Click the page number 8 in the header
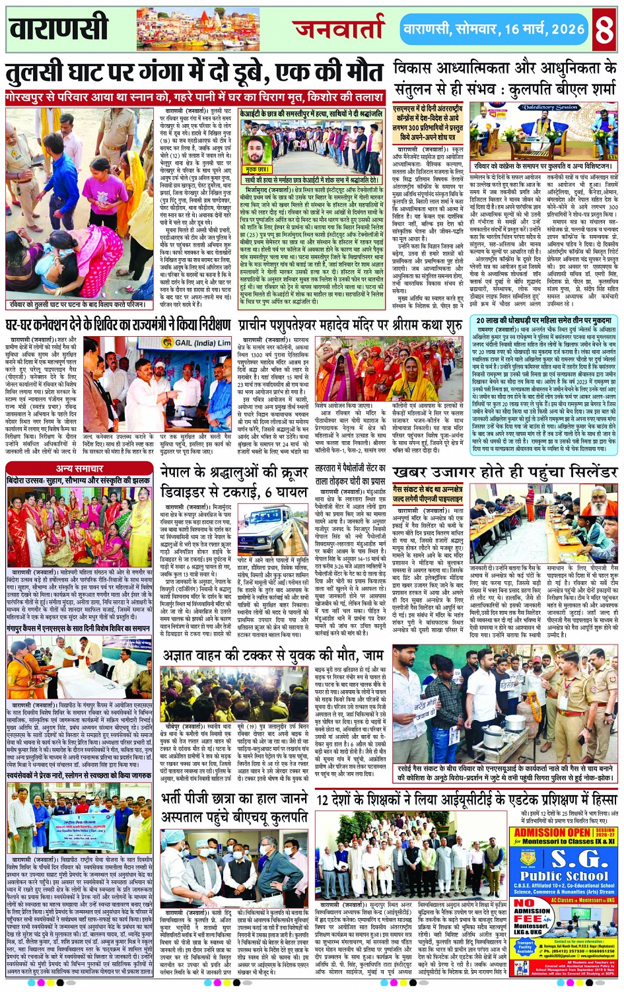(x=605, y=30)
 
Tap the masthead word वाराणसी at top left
(x=59, y=29)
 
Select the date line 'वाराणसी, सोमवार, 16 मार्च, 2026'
(x=494, y=30)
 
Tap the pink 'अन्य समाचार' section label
(x=80, y=468)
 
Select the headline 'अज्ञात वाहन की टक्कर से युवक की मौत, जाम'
(x=273, y=655)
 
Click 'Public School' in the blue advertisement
(x=563, y=876)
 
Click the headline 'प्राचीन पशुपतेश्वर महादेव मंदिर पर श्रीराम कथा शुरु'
(x=351, y=326)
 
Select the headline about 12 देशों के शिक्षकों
(x=466, y=798)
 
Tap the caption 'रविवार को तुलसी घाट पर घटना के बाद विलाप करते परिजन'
(x=78, y=304)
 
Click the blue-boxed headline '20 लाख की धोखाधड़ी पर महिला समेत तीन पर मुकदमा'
(x=545, y=320)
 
